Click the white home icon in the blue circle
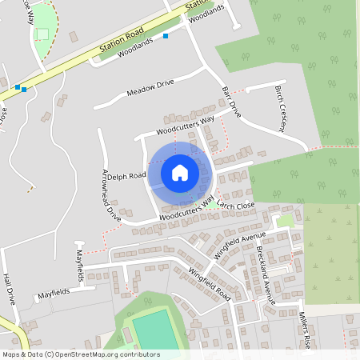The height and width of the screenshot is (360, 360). click(179, 171)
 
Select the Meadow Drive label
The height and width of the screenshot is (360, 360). click(150, 88)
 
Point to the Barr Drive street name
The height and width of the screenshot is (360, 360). click(230, 102)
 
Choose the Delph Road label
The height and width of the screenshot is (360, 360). click(126, 176)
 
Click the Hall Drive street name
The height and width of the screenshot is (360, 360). click(9, 290)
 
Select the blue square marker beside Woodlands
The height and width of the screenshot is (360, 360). click(166, 36)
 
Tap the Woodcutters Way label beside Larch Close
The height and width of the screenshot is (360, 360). click(187, 210)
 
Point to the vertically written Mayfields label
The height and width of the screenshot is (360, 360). click(79, 261)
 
